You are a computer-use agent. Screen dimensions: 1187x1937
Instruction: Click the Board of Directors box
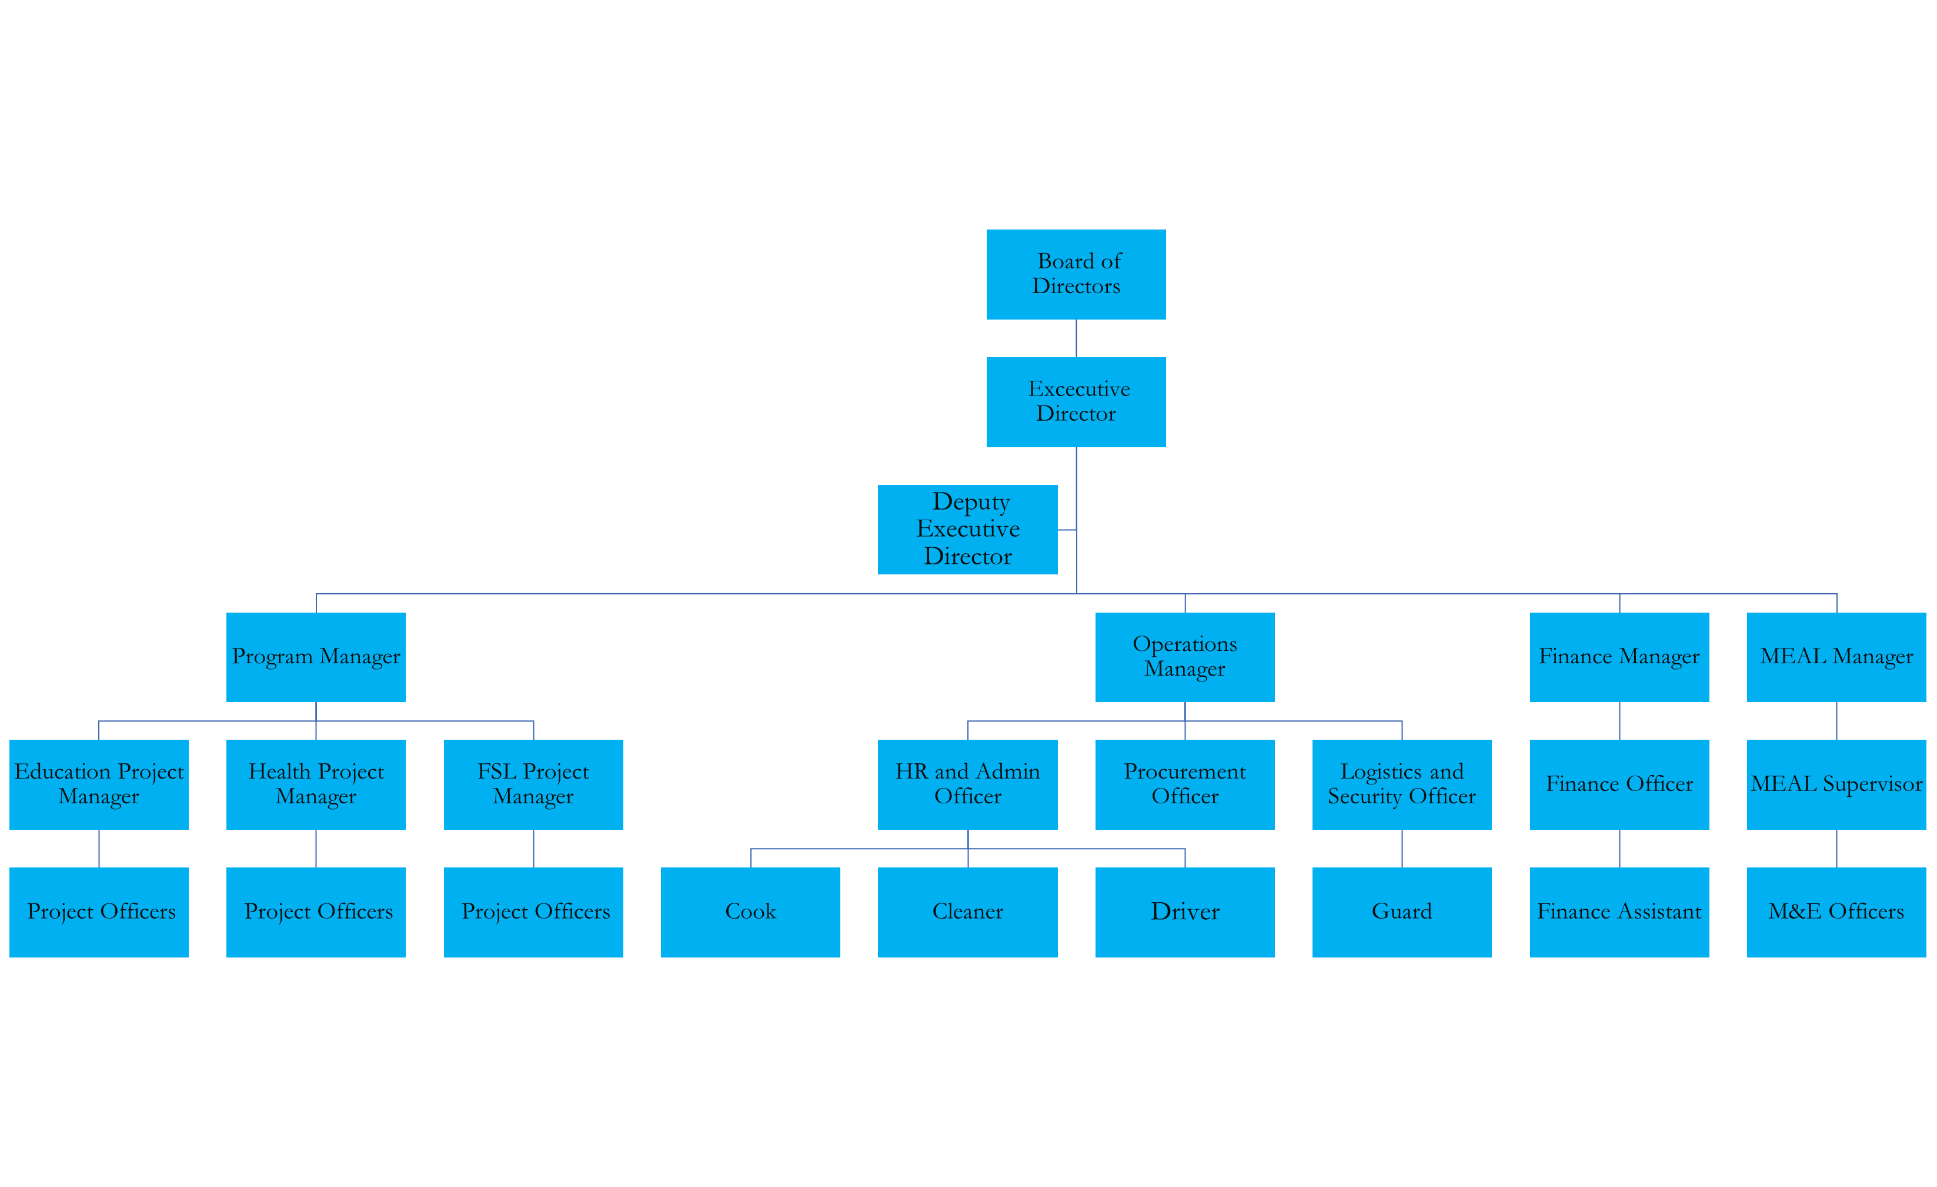click(1076, 274)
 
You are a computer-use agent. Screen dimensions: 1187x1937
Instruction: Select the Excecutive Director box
click(1076, 402)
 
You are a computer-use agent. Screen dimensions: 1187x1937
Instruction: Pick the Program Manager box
click(315, 657)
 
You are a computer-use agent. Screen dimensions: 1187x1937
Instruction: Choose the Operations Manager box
click(1185, 657)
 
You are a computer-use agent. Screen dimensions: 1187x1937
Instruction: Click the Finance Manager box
click(1619, 657)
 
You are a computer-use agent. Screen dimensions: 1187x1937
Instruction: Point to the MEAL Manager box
click(1836, 657)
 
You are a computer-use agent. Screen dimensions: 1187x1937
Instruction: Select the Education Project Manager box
click(99, 784)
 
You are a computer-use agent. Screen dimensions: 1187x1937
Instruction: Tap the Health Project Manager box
click(315, 784)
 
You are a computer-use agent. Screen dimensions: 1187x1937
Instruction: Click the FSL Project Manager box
click(533, 784)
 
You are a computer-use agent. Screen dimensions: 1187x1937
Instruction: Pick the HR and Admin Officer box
click(967, 784)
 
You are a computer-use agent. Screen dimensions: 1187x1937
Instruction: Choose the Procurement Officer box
click(1185, 784)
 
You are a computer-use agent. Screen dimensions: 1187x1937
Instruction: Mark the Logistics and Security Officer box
click(1402, 784)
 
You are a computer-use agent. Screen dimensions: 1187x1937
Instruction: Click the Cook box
click(750, 912)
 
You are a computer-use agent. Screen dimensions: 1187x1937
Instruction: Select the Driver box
click(1185, 912)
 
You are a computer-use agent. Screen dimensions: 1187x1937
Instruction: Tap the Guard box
click(1402, 912)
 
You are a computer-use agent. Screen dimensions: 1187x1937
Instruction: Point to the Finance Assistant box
click(1619, 912)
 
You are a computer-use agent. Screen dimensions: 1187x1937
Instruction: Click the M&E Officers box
click(1836, 912)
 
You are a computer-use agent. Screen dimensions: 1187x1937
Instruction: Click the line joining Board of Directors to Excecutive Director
click(1076, 338)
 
